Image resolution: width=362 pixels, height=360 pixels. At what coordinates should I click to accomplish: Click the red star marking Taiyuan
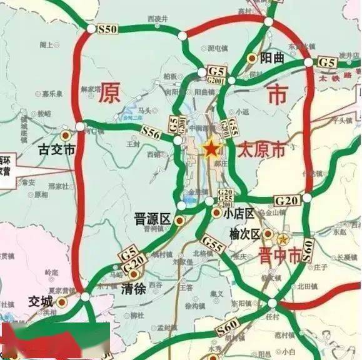tap(211, 149)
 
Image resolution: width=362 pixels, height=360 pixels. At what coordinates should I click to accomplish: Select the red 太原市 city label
tap(261, 150)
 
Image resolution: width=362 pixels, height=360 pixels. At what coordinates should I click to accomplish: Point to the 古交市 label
tap(56, 150)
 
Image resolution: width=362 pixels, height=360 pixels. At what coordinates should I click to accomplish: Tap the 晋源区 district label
tap(152, 219)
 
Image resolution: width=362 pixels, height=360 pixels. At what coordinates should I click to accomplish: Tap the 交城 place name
tap(41, 301)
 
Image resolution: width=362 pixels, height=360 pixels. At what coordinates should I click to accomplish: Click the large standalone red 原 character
tap(110, 92)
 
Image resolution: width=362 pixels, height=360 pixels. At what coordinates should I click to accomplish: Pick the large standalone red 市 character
tap(276, 95)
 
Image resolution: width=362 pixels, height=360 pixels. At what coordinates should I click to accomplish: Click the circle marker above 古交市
tap(65, 134)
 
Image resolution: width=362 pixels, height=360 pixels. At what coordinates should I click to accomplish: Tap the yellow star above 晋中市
tap(283, 239)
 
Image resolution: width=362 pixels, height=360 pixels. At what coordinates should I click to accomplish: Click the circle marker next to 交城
tap(61, 301)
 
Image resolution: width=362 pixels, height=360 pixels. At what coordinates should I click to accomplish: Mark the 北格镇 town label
tap(203, 253)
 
